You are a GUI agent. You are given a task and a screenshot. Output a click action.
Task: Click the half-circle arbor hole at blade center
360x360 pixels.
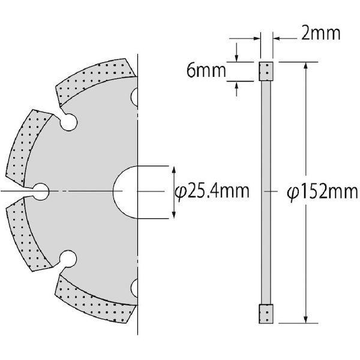click(127, 191)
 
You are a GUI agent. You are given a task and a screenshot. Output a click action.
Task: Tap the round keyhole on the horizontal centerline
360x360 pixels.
click(41, 191)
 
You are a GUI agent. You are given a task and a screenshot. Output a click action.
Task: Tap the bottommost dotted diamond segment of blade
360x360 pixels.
click(96, 304)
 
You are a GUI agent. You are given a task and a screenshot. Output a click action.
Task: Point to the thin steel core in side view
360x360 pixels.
click(265, 192)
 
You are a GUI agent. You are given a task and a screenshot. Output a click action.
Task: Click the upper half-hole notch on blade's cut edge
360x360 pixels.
click(135, 95)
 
